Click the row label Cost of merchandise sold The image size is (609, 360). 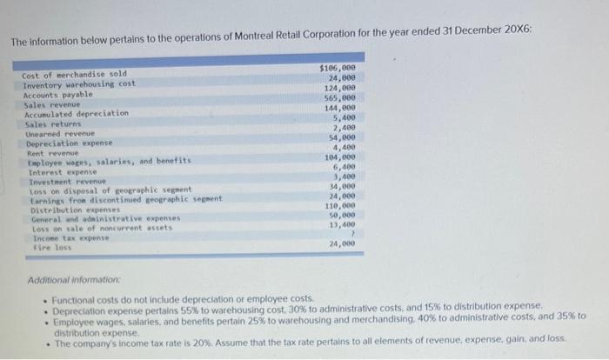click(74, 75)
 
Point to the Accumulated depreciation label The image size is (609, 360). click(77, 113)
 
